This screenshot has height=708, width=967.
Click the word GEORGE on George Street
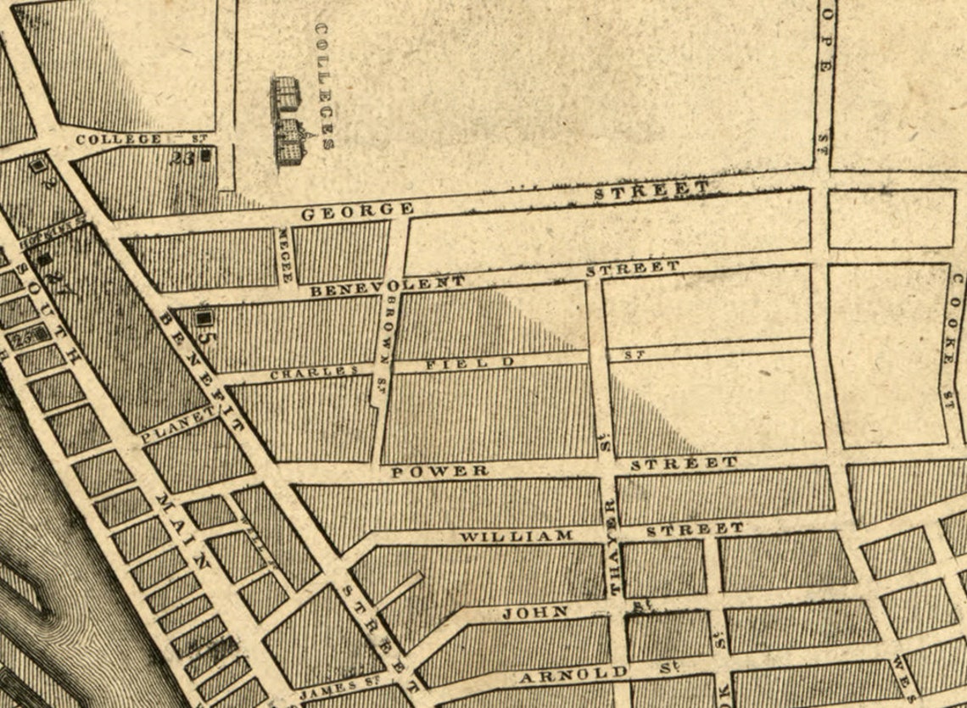click(357, 209)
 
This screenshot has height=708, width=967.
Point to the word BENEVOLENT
click(387, 285)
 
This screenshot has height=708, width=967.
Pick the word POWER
click(439, 471)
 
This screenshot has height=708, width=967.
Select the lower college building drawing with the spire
click(289, 142)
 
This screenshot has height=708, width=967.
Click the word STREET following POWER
click(685, 463)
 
